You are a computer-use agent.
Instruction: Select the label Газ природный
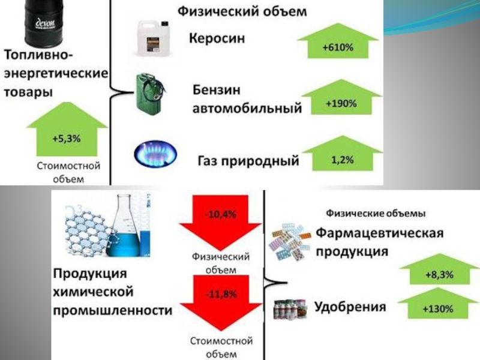[x=248, y=161]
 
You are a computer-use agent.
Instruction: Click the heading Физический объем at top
[x=242, y=11]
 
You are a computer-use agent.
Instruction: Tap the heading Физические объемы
[x=376, y=214]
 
